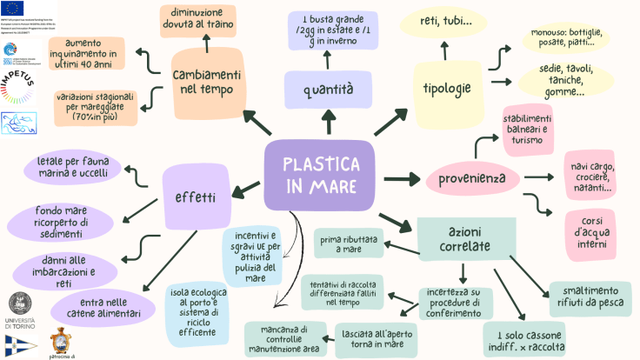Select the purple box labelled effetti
(x=197, y=197)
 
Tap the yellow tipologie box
(x=446, y=89)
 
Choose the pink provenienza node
(x=472, y=179)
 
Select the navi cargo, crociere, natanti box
(x=591, y=177)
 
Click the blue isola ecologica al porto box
(x=201, y=315)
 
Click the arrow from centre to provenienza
(x=402, y=178)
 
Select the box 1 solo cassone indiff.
(x=524, y=339)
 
